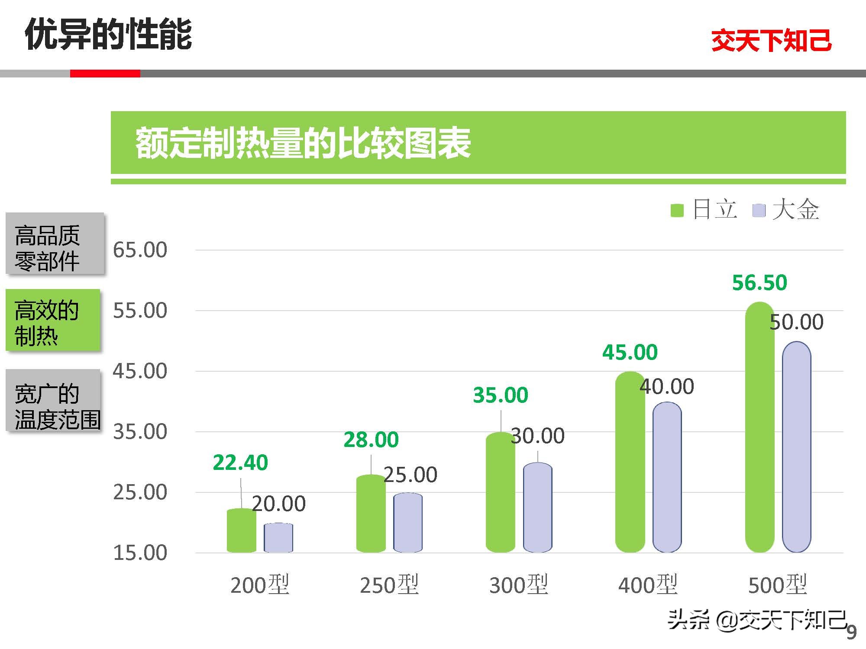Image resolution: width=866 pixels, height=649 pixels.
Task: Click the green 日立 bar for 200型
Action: pyautogui.click(x=241, y=531)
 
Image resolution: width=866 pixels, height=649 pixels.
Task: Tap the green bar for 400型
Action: pyautogui.click(x=630, y=462)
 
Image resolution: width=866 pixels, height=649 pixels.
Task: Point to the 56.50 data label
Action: pyautogui.click(x=759, y=283)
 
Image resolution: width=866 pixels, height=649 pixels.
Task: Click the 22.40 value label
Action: pyautogui.click(x=240, y=463)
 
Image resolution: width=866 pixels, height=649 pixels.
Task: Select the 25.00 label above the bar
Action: pyautogui.click(x=410, y=475)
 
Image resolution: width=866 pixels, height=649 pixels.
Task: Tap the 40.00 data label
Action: pyautogui.click(x=667, y=386)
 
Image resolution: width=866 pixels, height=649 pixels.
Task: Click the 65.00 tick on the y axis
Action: pyautogui.click(x=140, y=250)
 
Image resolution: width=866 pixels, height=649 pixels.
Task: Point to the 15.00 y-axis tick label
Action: pyautogui.click(x=140, y=553)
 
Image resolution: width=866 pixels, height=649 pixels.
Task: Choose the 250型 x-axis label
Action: pyautogui.click(x=389, y=585)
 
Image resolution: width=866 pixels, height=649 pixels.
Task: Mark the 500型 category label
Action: pyautogui.click(x=777, y=585)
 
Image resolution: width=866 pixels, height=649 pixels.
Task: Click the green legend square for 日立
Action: pyautogui.click(x=677, y=210)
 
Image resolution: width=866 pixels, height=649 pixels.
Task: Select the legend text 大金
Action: pyautogui.click(x=795, y=210)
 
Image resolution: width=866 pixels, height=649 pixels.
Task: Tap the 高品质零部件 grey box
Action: pyautogui.click(x=55, y=244)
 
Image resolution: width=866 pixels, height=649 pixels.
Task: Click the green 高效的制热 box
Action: pyautogui.click(x=53, y=320)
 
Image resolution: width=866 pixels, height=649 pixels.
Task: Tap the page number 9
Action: pyautogui.click(x=851, y=633)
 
